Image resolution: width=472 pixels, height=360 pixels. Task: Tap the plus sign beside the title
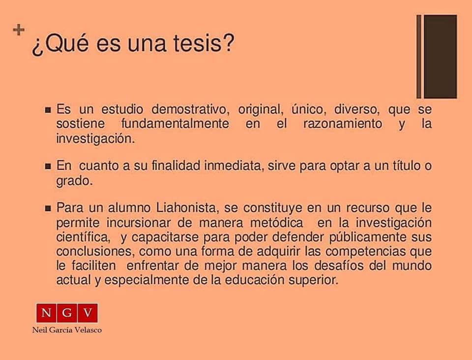tap(19, 30)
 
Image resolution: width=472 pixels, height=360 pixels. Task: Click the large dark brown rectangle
tap(441, 57)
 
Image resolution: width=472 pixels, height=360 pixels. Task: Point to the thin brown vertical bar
tap(419, 57)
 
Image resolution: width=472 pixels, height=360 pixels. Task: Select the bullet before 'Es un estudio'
tap(48, 110)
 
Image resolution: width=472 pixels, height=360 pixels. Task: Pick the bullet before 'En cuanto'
tap(48, 166)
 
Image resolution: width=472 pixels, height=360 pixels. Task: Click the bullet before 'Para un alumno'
tap(48, 208)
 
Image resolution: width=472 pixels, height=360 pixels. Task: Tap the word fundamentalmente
tap(175, 123)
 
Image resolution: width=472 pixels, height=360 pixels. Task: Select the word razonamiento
tap(343, 123)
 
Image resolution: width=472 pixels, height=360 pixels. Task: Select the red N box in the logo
tap(46, 313)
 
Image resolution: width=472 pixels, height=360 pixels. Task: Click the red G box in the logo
tap(67, 313)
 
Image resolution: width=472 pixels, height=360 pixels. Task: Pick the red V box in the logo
tap(88, 313)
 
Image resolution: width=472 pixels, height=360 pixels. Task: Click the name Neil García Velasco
tap(67, 330)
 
